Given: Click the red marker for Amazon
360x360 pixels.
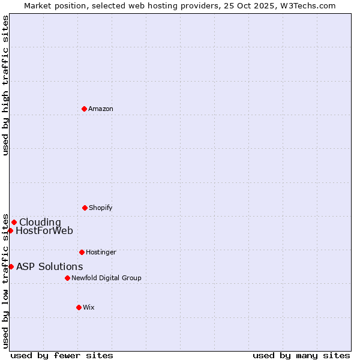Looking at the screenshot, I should pyautogui.click(x=84, y=109).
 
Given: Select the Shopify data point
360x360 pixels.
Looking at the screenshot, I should pyautogui.click(x=85, y=208).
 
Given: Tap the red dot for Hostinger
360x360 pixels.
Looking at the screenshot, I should pyautogui.click(x=82, y=252).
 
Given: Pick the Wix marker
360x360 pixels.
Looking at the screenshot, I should pyautogui.click(x=79, y=307).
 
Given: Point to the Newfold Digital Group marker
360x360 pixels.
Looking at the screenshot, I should pyautogui.click(x=67, y=278).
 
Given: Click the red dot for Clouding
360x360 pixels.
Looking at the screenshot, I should pyautogui.click(x=14, y=222).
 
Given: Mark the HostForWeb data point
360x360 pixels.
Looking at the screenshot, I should pyautogui.click(x=10, y=230).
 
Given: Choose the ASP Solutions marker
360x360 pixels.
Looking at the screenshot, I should pyautogui.click(x=11, y=266).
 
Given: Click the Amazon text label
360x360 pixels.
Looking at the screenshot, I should pyautogui.click(x=101, y=109).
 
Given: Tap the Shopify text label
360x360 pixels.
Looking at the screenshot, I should pyautogui.click(x=101, y=208).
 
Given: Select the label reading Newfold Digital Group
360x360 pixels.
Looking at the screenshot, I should pyautogui.click(x=106, y=278).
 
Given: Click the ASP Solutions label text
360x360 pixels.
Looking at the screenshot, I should pyautogui.click(x=50, y=266).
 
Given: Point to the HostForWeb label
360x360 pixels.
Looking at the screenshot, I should pyautogui.click(x=44, y=230).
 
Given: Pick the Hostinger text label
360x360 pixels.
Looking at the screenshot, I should pyautogui.click(x=101, y=252).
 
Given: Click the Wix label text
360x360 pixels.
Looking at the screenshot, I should pyautogui.click(x=89, y=307).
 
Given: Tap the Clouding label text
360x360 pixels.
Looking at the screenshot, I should pyautogui.click(x=40, y=222).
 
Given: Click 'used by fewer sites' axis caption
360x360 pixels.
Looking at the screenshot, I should pyautogui.click(x=62, y=355).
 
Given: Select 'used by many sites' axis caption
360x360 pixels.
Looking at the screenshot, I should pyautogui.click(x=301, y=355).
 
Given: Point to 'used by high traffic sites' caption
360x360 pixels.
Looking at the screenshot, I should pyautogui.click(x=5, y=85).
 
